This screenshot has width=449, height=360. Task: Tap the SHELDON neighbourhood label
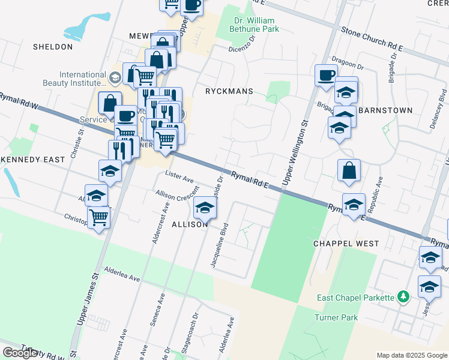pos(53,47)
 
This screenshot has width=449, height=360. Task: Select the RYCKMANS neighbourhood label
pos(229,92)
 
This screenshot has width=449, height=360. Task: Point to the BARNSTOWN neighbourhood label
pos(385,111)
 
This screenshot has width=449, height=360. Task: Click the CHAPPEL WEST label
pos(346,244)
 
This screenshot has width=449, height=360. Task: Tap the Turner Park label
pos(336,317)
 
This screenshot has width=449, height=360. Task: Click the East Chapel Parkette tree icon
pos(404,297)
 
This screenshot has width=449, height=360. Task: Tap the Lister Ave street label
pos(179,179)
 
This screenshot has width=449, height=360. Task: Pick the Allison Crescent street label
pos(177,196)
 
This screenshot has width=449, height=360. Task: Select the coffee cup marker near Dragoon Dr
pos(326,76)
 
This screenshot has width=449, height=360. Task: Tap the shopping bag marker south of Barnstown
pos(349,171)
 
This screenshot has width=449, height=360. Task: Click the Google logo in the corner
pos(20,353)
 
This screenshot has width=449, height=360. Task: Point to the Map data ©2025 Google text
pos(412,355)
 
